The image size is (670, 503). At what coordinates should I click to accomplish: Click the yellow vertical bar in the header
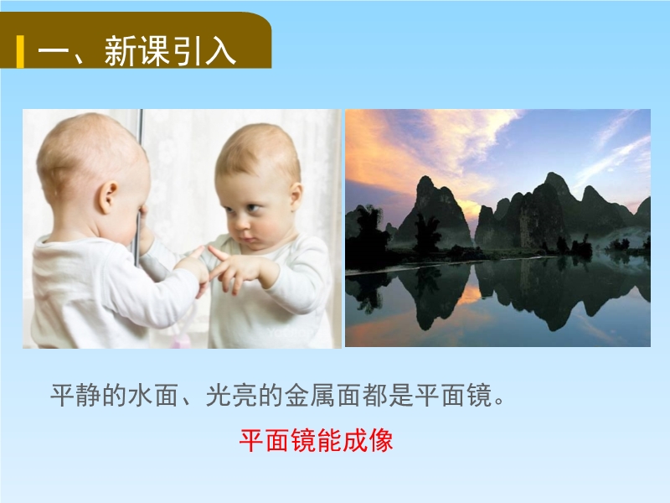pyautogui.click(x=20, y=52)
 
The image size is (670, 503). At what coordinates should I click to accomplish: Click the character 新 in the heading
pyautogui.click(x=120, y=51)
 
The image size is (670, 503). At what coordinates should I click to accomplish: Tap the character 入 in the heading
pyautogui.click(x=220, y=51)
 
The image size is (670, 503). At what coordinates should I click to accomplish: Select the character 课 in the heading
pyautogui.click(x=154, y=51)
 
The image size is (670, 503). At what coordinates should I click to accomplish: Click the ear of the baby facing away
pyautogui.click(x=107, y=197)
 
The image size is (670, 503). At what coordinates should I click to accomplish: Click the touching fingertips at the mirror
pyautogui.click(x=204, y=251)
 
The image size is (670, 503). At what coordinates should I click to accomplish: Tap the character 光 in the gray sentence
pyautogui.click(x=219, y=395)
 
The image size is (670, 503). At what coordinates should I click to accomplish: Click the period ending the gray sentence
pyautogui.click(x=499, y=402)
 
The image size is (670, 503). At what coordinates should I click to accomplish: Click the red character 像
pyautogui.click(x=380, y=441)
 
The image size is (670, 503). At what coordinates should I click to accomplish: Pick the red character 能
pyautogui.click(x=329, y=441)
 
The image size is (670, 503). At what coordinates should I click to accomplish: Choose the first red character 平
pyautogui.click(x=251, y=441)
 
